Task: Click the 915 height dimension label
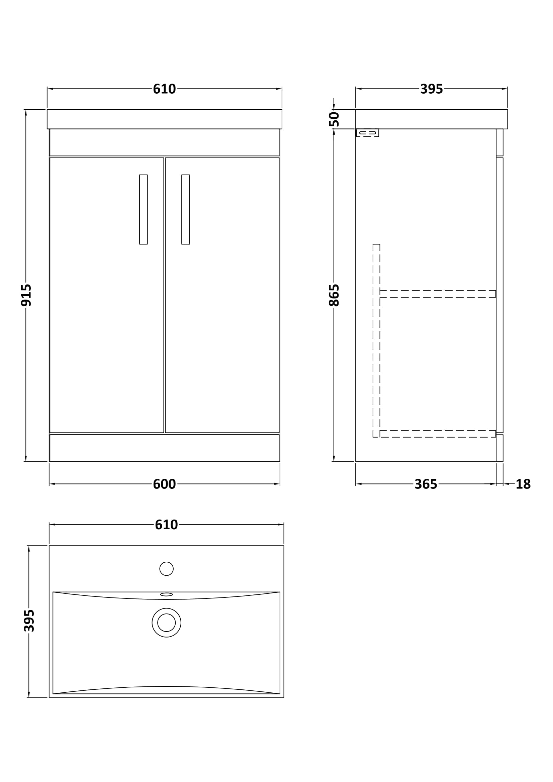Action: [x=26, y=295]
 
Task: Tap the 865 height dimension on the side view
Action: [x=334, y=295]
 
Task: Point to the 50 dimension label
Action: [x=334, y=119]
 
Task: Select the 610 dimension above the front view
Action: [x=164, y=89]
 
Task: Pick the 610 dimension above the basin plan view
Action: [x=166, y=525]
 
